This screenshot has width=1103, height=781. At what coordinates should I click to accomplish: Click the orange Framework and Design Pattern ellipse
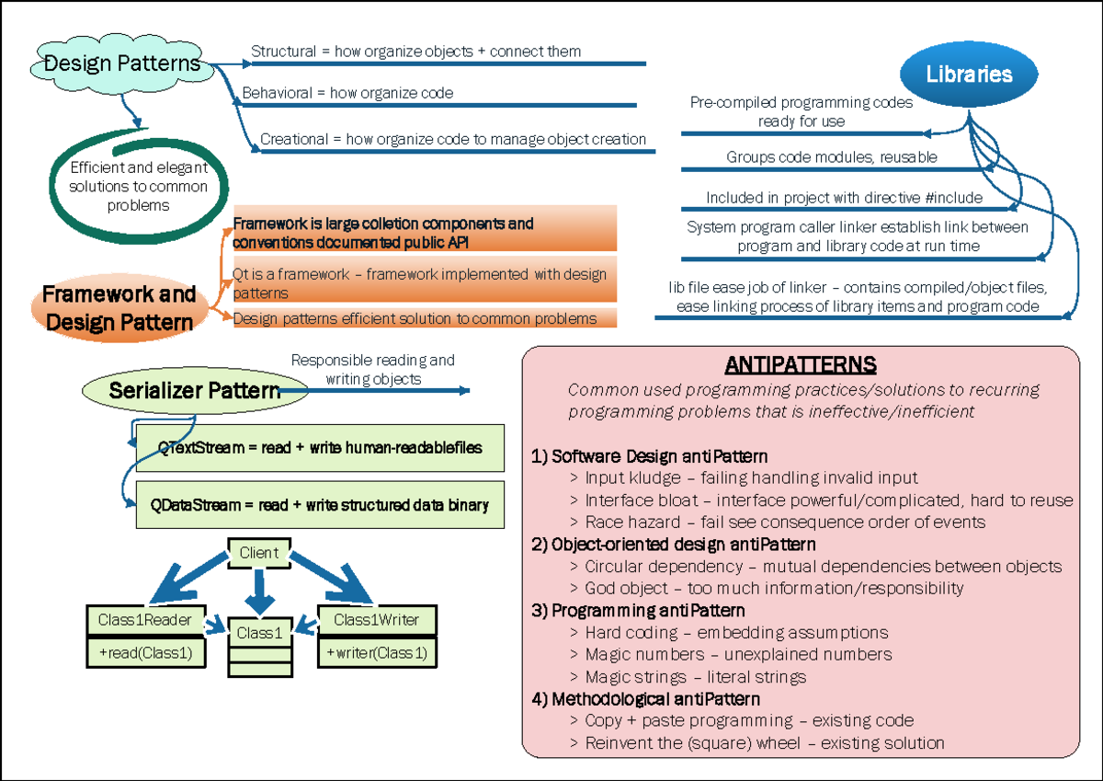(119, 307)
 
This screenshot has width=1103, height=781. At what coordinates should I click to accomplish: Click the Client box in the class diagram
(258, 553)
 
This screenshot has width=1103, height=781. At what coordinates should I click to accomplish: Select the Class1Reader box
(144, 620)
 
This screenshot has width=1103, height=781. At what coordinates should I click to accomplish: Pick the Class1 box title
(260, 633)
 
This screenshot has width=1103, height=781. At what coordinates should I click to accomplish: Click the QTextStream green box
(320, 449)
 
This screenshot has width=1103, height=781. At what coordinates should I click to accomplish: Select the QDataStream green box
(320, 505)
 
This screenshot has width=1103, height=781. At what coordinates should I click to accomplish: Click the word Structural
(283, 52)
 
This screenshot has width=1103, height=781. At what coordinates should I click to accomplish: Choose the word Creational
(293, 139)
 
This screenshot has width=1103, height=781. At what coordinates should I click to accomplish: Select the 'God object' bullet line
(774, 588)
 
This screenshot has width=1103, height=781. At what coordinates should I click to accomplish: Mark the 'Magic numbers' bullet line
(738, 654)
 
